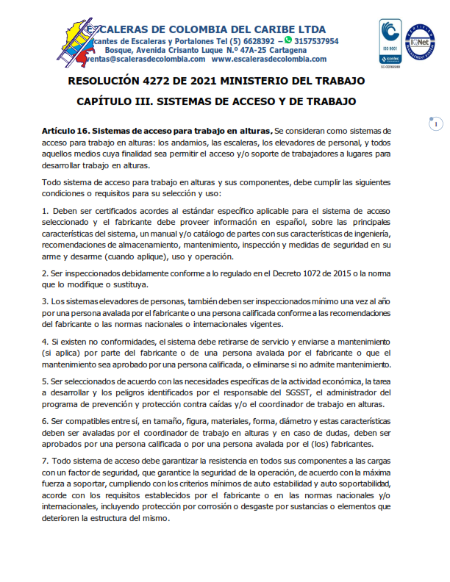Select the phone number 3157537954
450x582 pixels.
(316, 41)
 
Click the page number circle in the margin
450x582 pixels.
(435, 124)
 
